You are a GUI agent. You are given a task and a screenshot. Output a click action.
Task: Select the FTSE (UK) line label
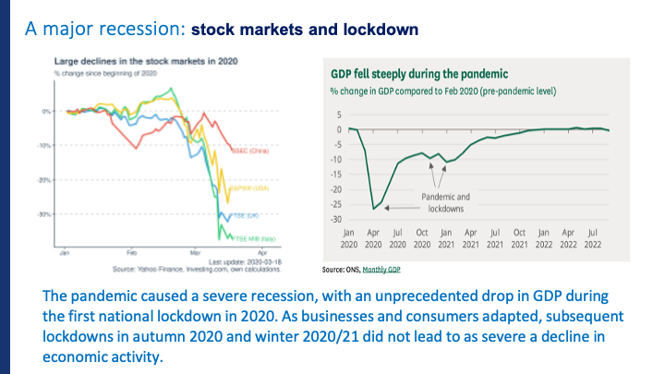pyautogui.click(x=245, y=218)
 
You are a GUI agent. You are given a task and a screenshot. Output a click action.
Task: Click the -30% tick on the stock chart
pyautogui.click(x=44, y=213)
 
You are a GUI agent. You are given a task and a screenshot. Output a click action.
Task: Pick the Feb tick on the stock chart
pyautogui.click(x=132, y=251)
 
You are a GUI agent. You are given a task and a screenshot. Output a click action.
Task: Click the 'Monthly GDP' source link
pyautogui.click(x=383, y=270)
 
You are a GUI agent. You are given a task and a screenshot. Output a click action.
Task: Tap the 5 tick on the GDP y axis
pyautogui.click(x=339, y=115)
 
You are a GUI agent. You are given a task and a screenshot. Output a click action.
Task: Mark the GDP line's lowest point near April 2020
pyautogui.click(x=374, y=209)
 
